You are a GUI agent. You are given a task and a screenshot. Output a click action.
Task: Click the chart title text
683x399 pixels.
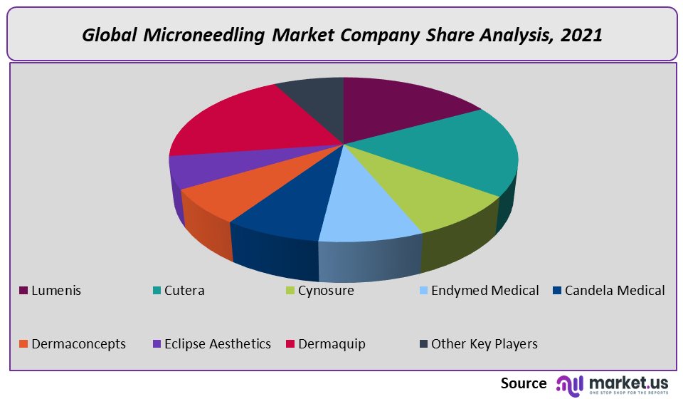point(341,35)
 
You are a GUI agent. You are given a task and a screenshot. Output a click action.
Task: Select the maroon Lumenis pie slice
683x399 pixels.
point(398,107)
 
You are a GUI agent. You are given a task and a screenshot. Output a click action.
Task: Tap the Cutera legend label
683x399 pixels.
point(184,291)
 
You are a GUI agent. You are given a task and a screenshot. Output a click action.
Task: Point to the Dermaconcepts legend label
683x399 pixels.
point(78,344)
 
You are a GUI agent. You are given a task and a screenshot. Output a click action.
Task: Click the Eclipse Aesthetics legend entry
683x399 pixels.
point(217,344)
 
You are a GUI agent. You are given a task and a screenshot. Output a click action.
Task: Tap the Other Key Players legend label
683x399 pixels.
point(484,344)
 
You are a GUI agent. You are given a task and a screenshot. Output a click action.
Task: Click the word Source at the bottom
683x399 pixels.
point(524,383)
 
